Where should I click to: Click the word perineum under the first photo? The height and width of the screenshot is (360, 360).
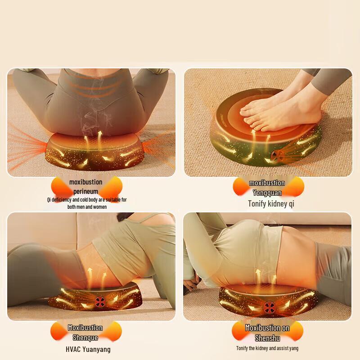(x=85, y=192)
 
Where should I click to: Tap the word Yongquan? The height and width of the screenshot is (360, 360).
(x=267, y=193)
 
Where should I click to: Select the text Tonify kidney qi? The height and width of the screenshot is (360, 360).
(x=271, y=204)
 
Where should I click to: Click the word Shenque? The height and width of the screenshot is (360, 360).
(x=85, y=337)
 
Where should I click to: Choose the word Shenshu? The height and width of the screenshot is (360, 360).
(x=267, y=337)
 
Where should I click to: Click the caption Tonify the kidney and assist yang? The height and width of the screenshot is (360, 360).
(x=267, y=348)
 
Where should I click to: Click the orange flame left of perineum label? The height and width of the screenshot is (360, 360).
(x=60, y=186)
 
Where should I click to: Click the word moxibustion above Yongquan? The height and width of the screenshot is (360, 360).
(x=267, y=183)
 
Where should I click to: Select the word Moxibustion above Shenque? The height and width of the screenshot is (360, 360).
(x=85, y=328)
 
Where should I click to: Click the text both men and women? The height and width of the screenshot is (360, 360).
(x=87, y=207)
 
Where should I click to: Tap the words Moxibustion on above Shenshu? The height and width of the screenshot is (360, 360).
(x=267, y=328)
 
